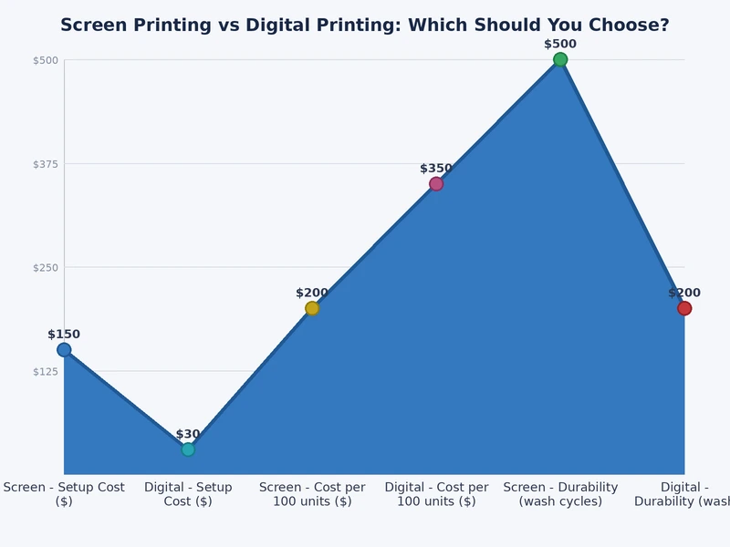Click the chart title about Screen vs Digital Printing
point(365,26)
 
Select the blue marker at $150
point(64,350)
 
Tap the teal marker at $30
point(188,449)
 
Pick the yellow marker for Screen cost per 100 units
point(312,308)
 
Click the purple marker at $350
point(436,184)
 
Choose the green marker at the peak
point(560,60)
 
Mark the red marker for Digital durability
point(684,308)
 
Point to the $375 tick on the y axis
point(46,164)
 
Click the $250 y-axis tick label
point(46,267)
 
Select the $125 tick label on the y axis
point(46,371)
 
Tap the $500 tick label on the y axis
point(46,60)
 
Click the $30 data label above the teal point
point(188,434)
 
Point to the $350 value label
point(436,169)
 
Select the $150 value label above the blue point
point(64,335)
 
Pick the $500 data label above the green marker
point(560,44)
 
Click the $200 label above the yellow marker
point(312,293)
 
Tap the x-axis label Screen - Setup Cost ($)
point(64,494)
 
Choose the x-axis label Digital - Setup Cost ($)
point(188,494)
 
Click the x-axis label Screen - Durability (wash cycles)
point(560,494)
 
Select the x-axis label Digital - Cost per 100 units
point(436,494)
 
